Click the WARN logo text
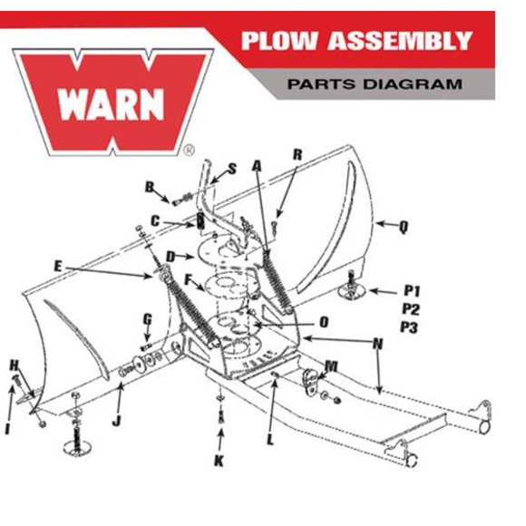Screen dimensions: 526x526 111,104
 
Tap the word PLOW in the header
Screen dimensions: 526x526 279,41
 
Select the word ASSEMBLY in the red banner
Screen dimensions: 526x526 400,41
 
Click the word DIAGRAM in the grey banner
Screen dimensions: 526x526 412,83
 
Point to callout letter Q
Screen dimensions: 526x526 404,228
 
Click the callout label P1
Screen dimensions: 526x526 412,290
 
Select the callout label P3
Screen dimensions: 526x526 409,327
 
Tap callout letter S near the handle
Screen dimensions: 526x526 232,169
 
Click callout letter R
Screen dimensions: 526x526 297,155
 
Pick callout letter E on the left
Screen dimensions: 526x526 58,267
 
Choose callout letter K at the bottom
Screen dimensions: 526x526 219,461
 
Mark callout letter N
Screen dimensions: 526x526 378,344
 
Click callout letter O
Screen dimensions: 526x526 324,322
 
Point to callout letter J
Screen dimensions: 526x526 116,420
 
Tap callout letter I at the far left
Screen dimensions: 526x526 7,428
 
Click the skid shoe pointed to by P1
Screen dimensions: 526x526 351,290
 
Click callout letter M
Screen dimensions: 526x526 331,366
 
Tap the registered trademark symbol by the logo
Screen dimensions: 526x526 190,151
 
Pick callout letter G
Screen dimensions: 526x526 148,319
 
